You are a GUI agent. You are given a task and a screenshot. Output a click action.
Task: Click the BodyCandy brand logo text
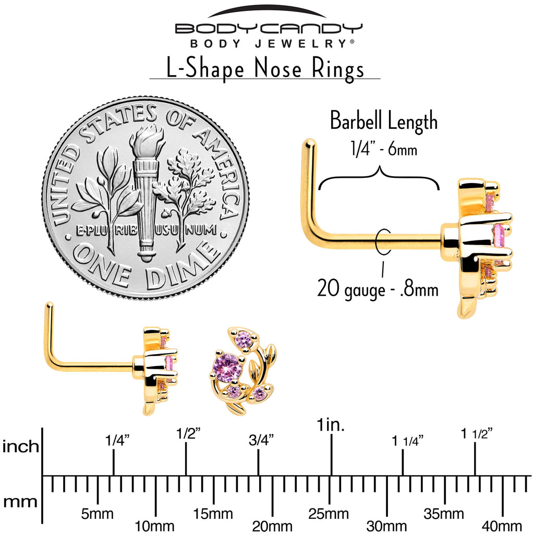point(269,28)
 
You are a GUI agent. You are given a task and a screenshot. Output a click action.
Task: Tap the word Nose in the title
point(278,68)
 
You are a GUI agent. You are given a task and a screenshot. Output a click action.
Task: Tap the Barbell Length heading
point(384,121)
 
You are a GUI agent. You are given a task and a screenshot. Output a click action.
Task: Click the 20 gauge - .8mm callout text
point(378,289)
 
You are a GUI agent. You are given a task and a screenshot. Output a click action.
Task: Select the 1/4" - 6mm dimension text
point(384,149)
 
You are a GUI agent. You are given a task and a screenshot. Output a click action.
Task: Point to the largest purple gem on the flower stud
point(226,366)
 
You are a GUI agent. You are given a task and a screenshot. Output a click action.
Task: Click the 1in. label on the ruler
point(331,424)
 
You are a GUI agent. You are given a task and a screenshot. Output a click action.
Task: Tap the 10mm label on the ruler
point(155,526)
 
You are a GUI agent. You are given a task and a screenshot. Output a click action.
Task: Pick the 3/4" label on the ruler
point(261,440)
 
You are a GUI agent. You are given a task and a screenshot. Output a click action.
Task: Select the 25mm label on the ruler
point(329,514)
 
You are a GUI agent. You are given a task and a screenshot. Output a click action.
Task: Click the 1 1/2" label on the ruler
point(477,433)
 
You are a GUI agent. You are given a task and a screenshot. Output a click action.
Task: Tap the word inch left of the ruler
point(21,446)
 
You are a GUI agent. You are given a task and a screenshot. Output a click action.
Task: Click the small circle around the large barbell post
point(382,241)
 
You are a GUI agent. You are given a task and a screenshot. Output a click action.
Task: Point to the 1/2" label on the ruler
point(188,433)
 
